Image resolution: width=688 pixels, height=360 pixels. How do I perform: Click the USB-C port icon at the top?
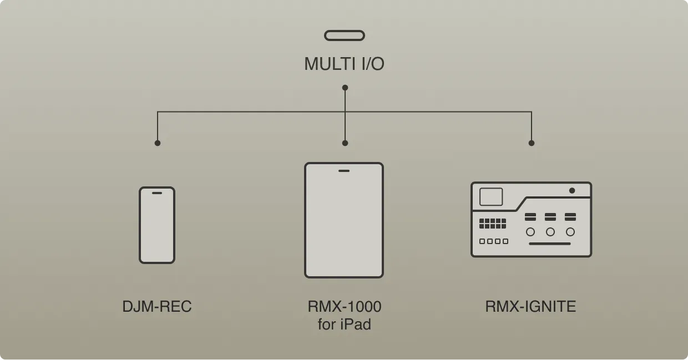(x=345, y=36)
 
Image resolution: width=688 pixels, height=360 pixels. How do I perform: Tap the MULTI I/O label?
(x=344, y=64)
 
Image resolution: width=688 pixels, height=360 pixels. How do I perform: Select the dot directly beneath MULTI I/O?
(x=345, y=88)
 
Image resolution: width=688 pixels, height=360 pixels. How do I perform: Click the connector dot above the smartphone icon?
(x=158, y=143)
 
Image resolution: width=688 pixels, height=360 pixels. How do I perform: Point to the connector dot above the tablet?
(x=345, y=143)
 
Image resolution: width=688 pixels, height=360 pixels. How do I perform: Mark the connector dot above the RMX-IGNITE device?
(x=532, y=143)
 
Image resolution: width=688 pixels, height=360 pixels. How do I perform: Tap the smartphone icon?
(x=157, y=225)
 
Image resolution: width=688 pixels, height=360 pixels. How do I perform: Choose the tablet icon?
(x=344, y=220)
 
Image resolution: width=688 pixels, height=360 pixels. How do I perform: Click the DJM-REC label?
(x=157, y=306)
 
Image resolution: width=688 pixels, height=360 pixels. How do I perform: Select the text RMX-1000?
(x=345, y=306)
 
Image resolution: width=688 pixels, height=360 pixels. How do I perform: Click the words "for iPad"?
(x=345, y=324)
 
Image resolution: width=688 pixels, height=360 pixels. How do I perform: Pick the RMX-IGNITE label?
(x=530, y=306)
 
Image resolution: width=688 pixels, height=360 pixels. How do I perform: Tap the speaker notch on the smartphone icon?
(x=157, y=193)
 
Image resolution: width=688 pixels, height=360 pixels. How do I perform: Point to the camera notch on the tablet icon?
(x=344, y=170)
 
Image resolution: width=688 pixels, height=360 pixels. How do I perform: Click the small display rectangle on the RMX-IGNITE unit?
(x=491, y=197)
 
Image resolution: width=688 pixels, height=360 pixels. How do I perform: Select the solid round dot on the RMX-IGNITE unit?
(x=572, y=190)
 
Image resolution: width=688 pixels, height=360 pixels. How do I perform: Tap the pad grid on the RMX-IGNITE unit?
(x=493, y=224)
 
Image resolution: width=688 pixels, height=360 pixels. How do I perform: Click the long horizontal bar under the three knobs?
(x=549, y=244)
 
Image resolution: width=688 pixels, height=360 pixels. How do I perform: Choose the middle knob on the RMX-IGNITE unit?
(x=550, y=232)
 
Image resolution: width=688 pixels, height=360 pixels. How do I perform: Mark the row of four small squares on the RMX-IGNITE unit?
(x=494, y=241)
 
